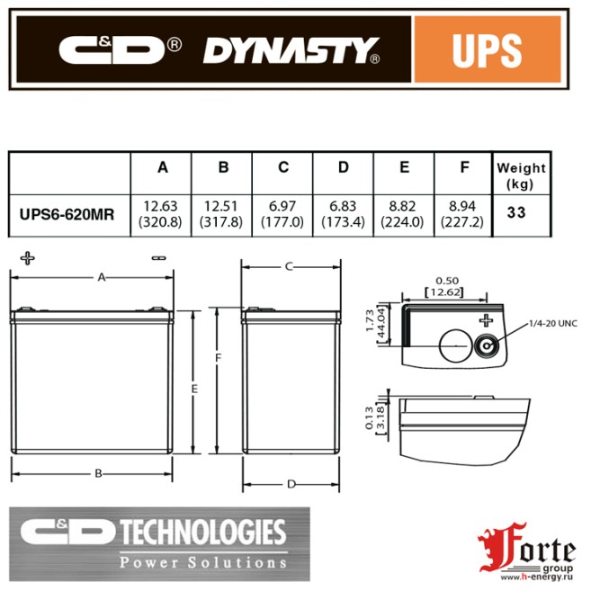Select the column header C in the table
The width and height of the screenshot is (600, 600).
point(282,168)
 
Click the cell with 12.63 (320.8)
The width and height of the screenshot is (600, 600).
point(162,214)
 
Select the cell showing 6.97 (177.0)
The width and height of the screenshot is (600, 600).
point(282,214)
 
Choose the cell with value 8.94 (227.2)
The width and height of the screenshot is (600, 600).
point(463,214)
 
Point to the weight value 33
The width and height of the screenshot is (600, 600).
point(520,214)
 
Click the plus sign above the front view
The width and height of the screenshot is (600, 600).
point(28,258)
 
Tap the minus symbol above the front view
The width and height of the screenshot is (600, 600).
point(159,258)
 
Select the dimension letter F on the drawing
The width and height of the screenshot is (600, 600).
point(218,357)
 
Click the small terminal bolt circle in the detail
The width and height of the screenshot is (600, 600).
point(487,346)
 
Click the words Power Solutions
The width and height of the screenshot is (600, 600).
point(203,562)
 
